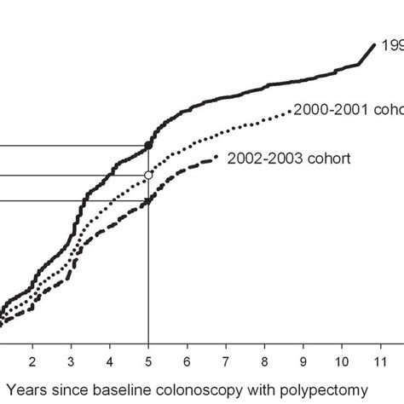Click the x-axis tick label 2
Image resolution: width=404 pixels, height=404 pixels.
[x=32, y=361]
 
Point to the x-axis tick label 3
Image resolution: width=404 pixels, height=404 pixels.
[x=71, y=361]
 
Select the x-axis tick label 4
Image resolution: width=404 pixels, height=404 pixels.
[x=110, y=361]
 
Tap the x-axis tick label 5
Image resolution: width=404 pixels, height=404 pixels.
[x=148, y=361]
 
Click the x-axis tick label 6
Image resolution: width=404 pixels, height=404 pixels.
[x=188, y=361]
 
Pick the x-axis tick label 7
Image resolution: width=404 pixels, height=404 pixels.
[x=226, y=361]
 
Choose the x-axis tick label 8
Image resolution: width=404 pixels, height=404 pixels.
[x=265, y=361]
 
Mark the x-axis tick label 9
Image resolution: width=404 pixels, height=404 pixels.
[x=303, y=361]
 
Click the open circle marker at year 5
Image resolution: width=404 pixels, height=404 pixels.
[x=148, y=175]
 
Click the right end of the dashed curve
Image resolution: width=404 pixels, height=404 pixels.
[x=218, y=156]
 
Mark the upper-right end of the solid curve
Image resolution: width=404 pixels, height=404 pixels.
[x=375, y=44]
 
